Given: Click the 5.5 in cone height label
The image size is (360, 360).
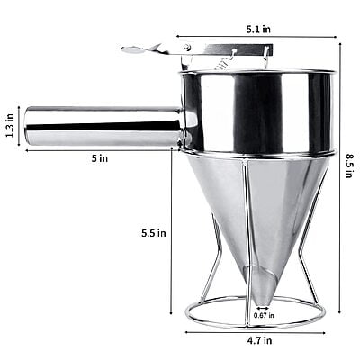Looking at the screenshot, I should [154, 232].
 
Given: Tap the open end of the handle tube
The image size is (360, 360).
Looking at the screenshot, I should [29, 126].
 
